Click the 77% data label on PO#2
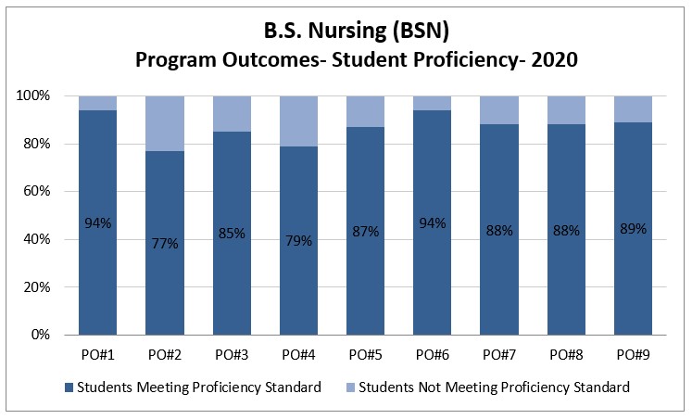coord(165,244)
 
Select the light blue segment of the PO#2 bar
coord(165,123)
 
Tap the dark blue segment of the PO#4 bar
coord(299,278)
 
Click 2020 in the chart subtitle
coord(550,60)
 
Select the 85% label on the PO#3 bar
coord(232,234)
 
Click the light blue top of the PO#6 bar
coord(433,103)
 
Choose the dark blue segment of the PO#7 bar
coord(499,278)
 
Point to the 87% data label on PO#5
coord(366,232)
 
